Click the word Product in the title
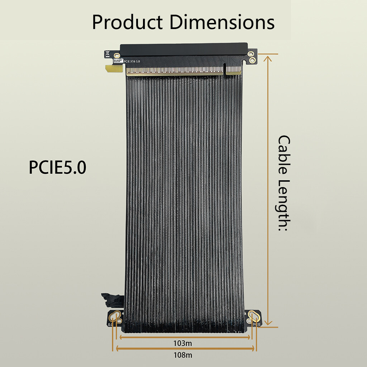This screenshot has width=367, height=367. point(127,23)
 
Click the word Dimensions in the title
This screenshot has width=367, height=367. point(222,22)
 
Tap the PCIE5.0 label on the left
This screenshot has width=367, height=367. point(58,167)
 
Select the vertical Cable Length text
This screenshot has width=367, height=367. point(284,183)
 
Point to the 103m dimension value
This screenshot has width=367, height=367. point(182,343)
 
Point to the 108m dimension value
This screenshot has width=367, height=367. point(183,355)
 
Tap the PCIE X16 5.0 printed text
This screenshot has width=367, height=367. point(132,61)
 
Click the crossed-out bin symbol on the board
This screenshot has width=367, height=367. point(108,53)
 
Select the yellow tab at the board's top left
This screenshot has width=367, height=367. point(114,68)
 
